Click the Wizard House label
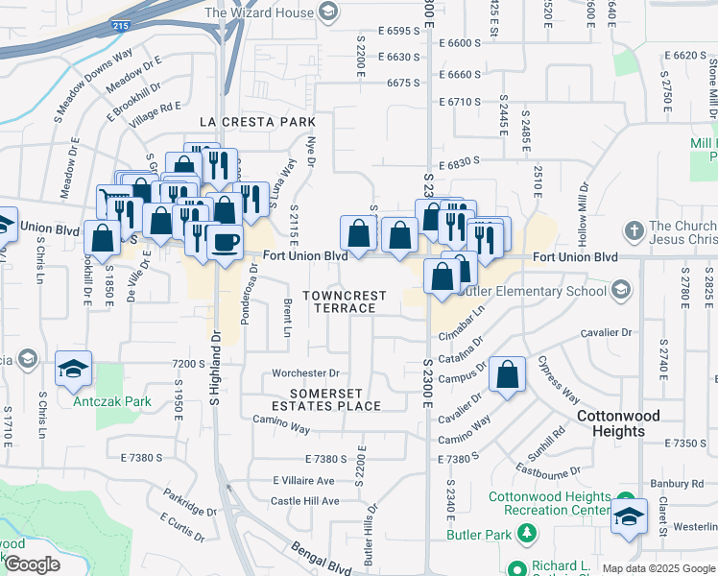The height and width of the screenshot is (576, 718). click(259, 12)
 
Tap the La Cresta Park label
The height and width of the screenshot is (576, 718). click(257, 122)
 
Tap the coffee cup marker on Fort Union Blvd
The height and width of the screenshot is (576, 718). click(225, 241)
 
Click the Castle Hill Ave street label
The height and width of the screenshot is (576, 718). click(304, 501)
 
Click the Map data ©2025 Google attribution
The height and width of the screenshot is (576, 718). click(658, 568)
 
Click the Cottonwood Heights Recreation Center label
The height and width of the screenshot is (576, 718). click(548, 502)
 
